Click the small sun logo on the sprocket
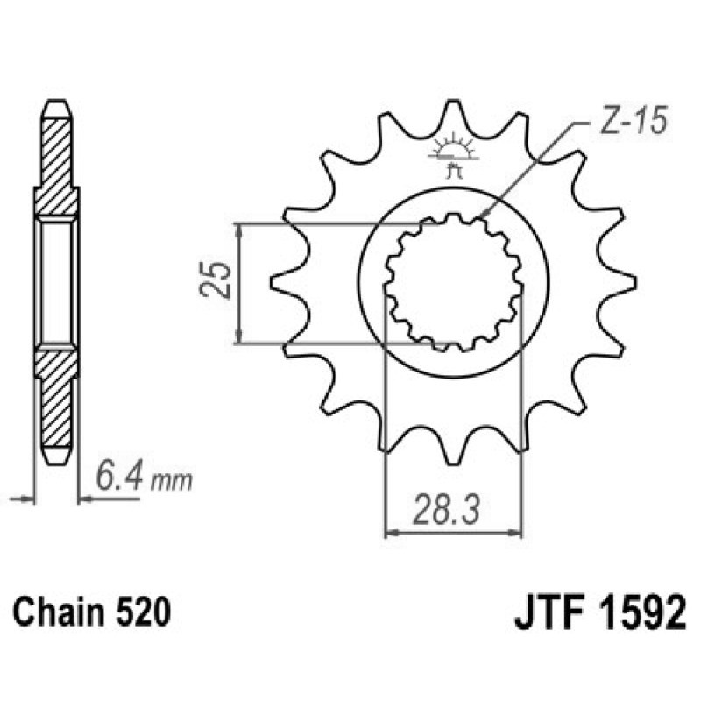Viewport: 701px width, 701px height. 453,147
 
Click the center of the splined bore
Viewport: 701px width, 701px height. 453,282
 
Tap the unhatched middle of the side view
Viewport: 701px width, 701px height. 57,282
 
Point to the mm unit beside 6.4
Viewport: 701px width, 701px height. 172,481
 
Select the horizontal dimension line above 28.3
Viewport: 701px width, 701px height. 453,531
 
